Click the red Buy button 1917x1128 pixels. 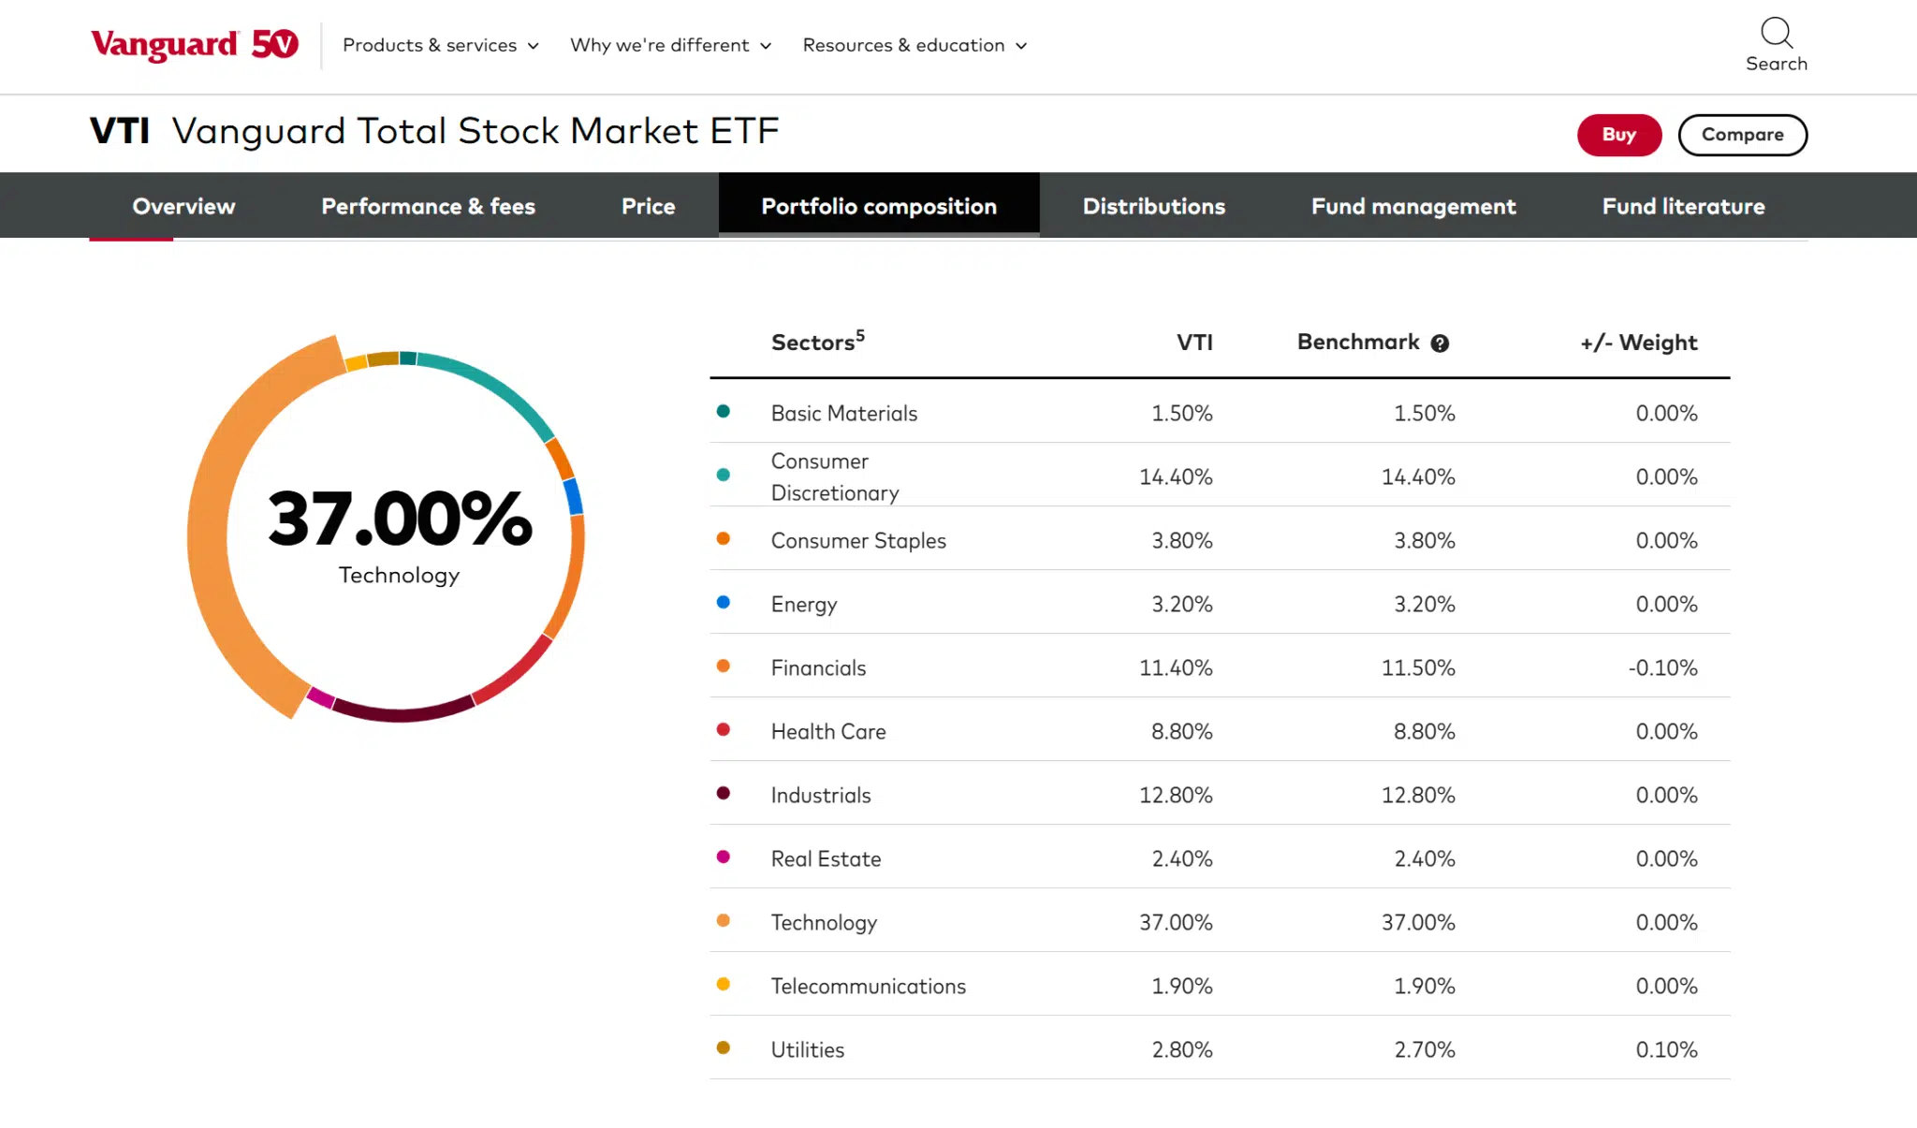coord(1618,135)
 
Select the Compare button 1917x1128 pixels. coord(1742,135)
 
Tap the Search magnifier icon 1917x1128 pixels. coord(1776,33)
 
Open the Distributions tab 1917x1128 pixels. coord(1153,206)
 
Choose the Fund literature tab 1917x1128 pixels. coord(1683,206)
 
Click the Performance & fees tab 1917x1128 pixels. coord(428,206)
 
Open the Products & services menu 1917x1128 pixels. coord(440,45)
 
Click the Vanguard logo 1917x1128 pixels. coord(194,44)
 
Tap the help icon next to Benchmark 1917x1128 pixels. coord(1440,344)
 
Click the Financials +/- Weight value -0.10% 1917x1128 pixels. coord(1662,667)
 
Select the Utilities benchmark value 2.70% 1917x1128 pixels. coord(1424,1049)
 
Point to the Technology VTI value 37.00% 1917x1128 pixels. coord(1175,922)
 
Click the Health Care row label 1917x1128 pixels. coord(827,731)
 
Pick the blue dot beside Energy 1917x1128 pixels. coord(723,602)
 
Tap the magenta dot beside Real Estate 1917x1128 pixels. coord(723,857)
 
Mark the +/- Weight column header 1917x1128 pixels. coord(1638,343)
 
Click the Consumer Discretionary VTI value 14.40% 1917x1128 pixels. coord(1175,476)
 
